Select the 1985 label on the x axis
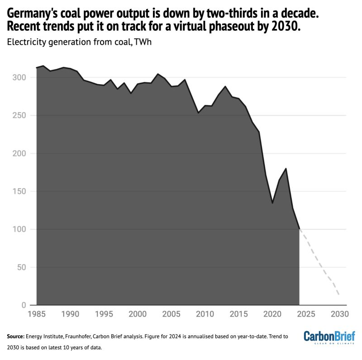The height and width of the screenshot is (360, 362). (x=36, y=314)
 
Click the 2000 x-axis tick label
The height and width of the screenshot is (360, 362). (x=137, y=314)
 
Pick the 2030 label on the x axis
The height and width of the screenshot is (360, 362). (x=339, y=314)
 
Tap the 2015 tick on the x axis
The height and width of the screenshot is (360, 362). (x=238, y=314)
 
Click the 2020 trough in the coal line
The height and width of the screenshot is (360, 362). (x=272, y=203)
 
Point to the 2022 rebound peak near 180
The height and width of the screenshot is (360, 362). (x=286, y=169)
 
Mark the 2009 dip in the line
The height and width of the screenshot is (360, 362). (x=198, y=113)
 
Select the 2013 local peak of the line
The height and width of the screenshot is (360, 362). (x=225, y=86)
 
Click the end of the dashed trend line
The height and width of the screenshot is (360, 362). (x=339, y=295)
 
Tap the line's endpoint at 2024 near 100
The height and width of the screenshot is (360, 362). (x=299, y=229)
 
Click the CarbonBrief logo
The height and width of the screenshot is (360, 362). (x=329, y=336)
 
